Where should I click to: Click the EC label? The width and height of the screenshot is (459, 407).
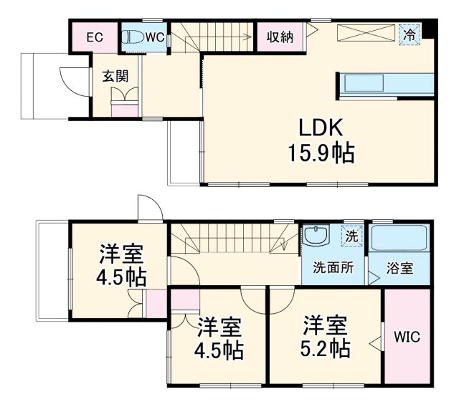(x=93, y=37)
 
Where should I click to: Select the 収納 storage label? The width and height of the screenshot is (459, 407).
(x=280, y=37)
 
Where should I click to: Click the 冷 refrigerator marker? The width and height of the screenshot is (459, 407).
(x=409, y=34)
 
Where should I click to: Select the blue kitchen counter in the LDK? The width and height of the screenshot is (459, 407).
(x=387, y=83)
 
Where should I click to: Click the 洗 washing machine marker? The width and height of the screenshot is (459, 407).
(x=351, y=234)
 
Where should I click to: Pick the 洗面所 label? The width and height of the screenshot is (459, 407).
(x=332, y=269)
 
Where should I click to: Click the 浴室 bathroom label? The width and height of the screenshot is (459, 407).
(x=399, y=269)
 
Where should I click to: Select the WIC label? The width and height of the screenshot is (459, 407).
(x=406, y=337)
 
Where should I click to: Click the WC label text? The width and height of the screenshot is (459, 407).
(x=156, y=37)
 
